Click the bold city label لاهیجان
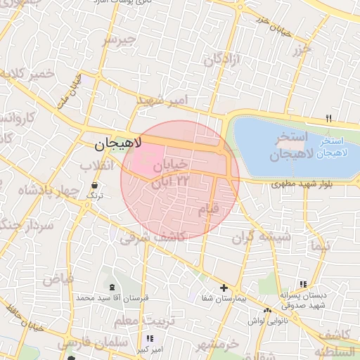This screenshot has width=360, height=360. click(x=118, y=144)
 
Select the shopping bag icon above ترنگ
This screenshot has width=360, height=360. click(x=94, y=185)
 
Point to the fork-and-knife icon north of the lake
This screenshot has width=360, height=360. click(x=328, y=118)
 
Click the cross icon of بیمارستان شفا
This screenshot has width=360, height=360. click(x=224, y=288)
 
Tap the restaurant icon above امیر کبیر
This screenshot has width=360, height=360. click(x=149, y=339)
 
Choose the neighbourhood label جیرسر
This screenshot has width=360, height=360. click(x=117, y=40)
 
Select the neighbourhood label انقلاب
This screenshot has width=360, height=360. click(x=96, y=165)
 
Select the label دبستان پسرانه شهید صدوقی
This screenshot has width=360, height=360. click(x=302, y=300)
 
